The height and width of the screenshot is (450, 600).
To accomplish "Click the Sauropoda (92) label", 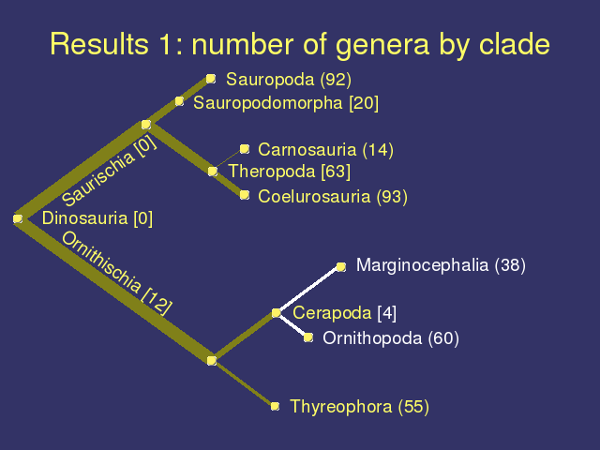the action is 289,80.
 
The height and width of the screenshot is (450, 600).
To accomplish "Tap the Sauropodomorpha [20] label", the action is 286,103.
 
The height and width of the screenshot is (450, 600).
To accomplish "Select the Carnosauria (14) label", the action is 325,150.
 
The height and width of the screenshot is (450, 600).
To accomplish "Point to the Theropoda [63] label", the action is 290,172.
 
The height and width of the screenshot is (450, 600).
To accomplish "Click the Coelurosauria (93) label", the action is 333,197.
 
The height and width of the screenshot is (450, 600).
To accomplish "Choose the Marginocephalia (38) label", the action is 441,265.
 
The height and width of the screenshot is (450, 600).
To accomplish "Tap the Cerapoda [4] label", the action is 344,313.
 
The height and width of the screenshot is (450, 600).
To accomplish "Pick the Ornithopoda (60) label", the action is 391,338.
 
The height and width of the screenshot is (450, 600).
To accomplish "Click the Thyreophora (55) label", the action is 359,406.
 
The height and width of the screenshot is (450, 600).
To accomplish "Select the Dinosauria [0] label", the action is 97,218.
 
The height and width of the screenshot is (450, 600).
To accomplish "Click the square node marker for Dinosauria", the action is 18,218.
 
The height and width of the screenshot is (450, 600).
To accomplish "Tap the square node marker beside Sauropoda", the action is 211,79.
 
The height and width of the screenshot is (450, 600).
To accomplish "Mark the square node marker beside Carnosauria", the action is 245,149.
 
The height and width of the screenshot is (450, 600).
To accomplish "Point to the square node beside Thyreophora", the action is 275,406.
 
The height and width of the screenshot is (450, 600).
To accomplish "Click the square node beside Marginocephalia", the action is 341,266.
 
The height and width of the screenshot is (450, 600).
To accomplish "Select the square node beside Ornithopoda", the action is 308,337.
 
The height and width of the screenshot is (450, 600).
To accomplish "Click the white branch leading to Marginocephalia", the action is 308,290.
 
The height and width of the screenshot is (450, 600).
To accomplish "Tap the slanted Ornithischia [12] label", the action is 116,273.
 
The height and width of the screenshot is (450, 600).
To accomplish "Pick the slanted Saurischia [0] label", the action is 109,171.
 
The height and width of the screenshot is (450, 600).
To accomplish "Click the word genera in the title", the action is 382,44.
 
